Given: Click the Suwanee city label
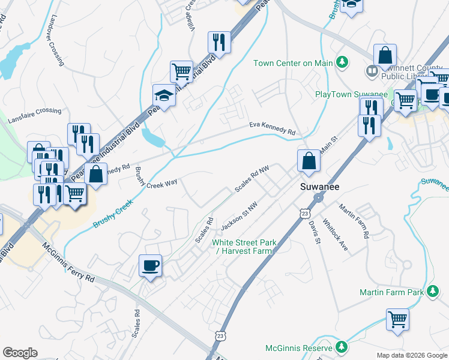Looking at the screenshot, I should (319, 187).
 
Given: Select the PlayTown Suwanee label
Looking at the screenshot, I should (351, 95).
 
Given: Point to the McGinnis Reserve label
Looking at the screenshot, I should (299, 348).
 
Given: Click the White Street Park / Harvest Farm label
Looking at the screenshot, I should (244, 247).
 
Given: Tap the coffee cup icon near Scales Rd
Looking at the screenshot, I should (150, 265).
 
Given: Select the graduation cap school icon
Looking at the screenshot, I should (163, 95).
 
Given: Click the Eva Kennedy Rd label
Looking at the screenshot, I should (273, 128).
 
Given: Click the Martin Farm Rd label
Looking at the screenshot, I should (353, 220).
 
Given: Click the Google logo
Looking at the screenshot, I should (20, 353).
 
